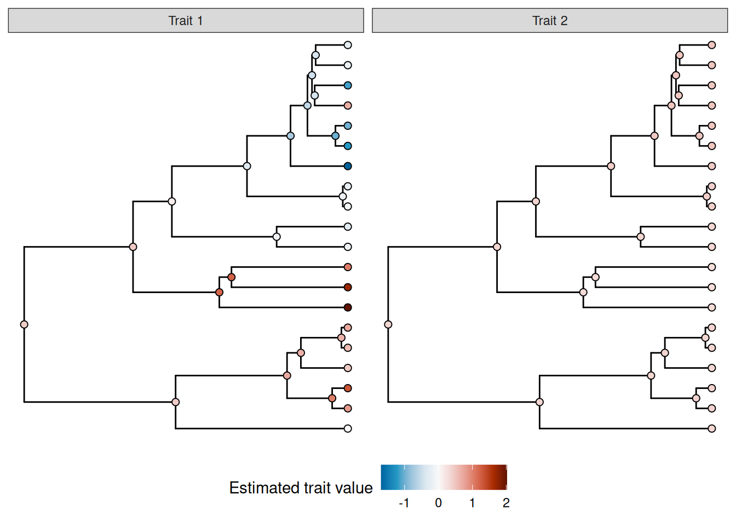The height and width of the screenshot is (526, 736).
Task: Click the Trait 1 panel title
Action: (186, 21)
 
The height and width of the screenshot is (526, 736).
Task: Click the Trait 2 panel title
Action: (550, 21)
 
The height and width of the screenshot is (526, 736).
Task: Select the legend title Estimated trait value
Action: (301, 488)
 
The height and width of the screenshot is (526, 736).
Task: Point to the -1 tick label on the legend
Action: (404, 503)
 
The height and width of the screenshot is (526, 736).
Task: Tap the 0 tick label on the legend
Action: (438, 503)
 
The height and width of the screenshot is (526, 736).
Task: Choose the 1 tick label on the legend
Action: (472, 503)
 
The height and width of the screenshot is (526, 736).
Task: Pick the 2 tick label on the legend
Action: (506, 503)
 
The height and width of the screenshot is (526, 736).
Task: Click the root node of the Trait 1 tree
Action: (24, 324)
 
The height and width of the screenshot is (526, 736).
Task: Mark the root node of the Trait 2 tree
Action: (388, 324)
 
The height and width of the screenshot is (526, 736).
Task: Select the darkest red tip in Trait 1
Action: (348, 307)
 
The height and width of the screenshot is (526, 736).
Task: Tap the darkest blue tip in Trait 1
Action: (348, 166)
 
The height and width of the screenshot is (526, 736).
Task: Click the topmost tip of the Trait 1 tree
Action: (348, 45)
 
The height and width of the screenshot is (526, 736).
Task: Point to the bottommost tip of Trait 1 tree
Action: (348, 428)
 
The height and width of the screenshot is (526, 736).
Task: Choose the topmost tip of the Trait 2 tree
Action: (712, 45)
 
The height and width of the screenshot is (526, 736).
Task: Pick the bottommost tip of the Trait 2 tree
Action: (712, 428)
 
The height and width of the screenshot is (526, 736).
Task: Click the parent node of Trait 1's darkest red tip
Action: (219, 292)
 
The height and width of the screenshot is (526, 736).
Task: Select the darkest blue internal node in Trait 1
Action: (335, 136)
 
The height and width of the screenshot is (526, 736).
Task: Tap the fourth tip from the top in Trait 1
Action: (348, 105)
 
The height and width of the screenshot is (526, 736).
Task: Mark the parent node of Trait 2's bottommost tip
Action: (539, 402)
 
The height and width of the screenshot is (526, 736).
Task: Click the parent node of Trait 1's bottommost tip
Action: (175, 402)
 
